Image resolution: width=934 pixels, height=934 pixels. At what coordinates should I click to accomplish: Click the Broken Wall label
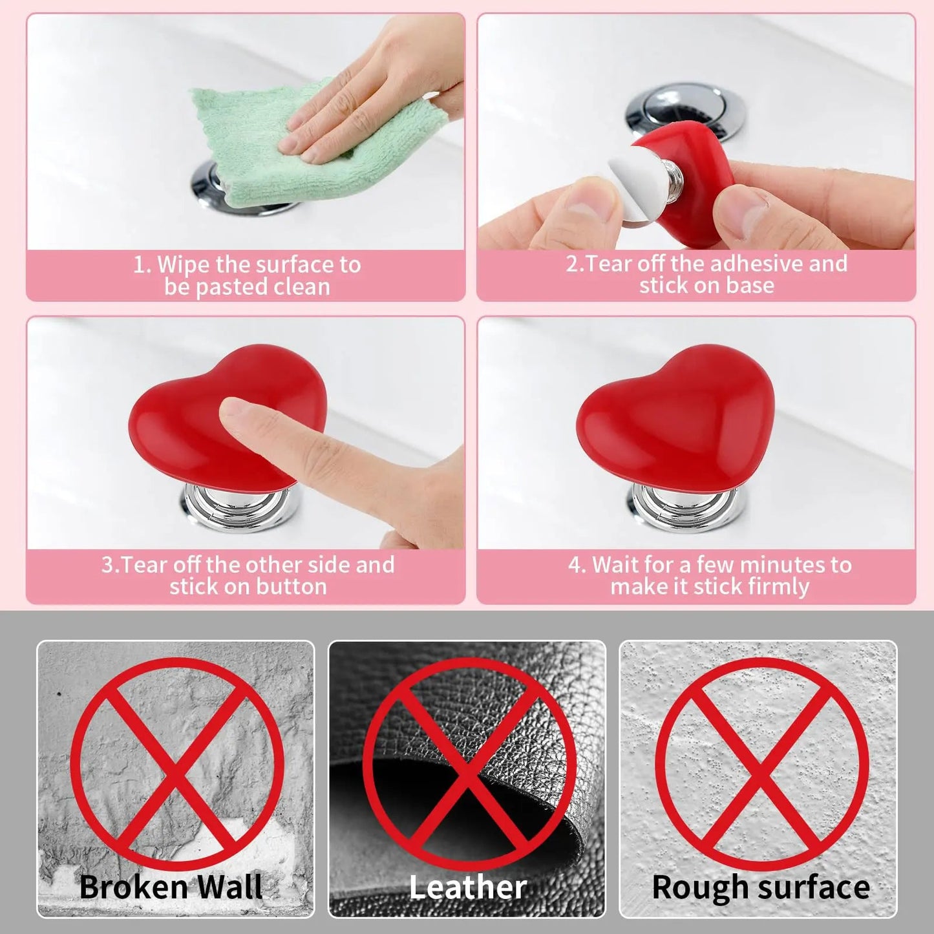click(x=171, y=887)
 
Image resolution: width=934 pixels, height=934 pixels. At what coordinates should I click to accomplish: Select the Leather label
click(x=468, y=887)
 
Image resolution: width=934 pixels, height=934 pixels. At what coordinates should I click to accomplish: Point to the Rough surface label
click(x=760, y=887)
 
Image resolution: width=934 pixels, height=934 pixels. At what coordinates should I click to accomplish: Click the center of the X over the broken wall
click(x=176, y=766)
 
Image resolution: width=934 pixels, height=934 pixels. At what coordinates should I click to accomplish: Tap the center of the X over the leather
click(x=469, y=766)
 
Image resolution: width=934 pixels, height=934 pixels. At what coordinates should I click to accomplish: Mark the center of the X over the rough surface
click(x=761, y=766)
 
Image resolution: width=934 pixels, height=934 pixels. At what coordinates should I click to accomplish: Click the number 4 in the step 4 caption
click(x=575, y=565)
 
